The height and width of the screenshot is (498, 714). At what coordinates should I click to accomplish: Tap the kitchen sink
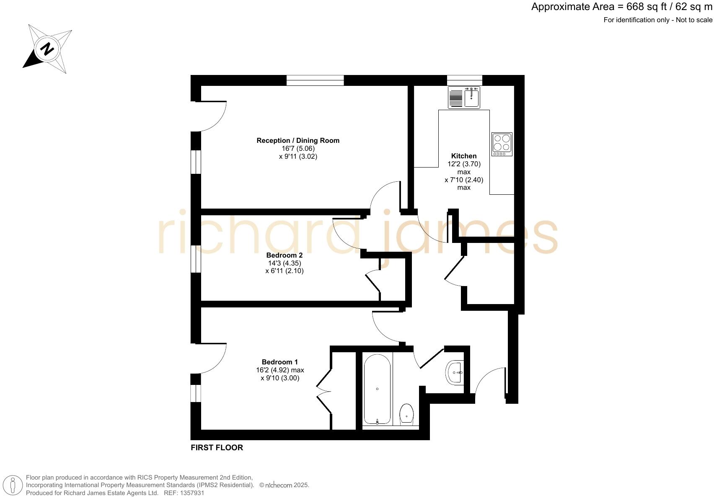tap(464, 98)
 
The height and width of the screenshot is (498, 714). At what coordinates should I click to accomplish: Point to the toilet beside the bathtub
tap(406, 413)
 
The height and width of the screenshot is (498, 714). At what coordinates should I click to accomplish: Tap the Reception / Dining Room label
tap(298, 140)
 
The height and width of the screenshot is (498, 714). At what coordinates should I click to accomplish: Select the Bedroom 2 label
tap(284, 255)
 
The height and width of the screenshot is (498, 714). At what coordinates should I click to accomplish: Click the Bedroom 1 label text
tap(279, 362)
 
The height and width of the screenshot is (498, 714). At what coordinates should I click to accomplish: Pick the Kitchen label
tap(463, 156)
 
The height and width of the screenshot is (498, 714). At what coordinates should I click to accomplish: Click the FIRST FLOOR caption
tap(217, 447)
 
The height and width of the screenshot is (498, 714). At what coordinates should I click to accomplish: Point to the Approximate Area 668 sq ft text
tap(621, 7)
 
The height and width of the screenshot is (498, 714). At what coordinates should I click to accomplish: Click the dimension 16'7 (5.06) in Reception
tap(298, 148)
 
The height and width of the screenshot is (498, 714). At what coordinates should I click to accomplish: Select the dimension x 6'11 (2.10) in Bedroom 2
tap(284, 271)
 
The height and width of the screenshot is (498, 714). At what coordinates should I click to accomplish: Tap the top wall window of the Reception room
tap(315, 80)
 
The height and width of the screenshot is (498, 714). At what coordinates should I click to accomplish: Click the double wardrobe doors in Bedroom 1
tap(323, 391)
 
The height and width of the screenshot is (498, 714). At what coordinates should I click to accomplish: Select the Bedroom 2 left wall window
tap(196, 259)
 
